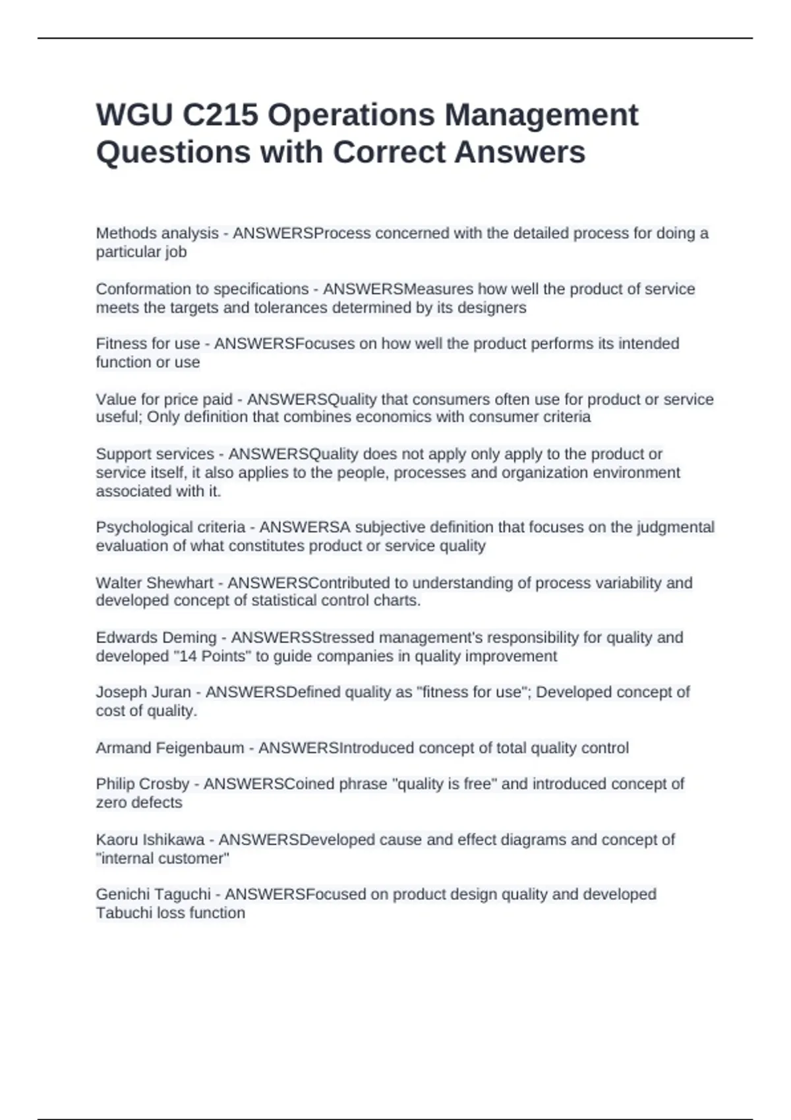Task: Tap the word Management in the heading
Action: point(541,115)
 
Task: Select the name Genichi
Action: point(121,895)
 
